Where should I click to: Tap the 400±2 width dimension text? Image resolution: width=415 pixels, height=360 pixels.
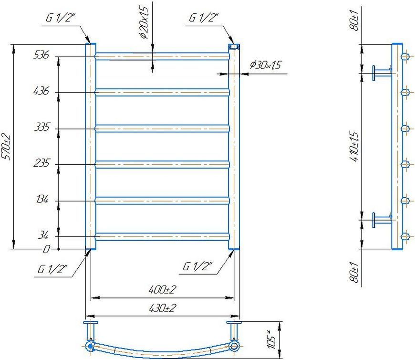[x=162, y=289]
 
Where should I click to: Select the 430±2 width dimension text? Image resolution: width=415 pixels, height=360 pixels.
[x=162, y=308]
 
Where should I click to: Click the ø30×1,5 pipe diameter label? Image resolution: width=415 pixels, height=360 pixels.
[x=266, y=65]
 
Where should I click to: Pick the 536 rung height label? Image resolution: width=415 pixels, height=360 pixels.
[x=41, y=55]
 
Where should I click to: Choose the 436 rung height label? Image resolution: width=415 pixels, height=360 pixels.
[x=41, y=91]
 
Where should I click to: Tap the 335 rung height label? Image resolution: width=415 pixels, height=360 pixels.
[x=42, y=127]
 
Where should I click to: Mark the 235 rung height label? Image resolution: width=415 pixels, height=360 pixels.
[x=41, y=163]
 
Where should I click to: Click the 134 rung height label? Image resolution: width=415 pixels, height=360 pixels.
[x=42, y=199]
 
